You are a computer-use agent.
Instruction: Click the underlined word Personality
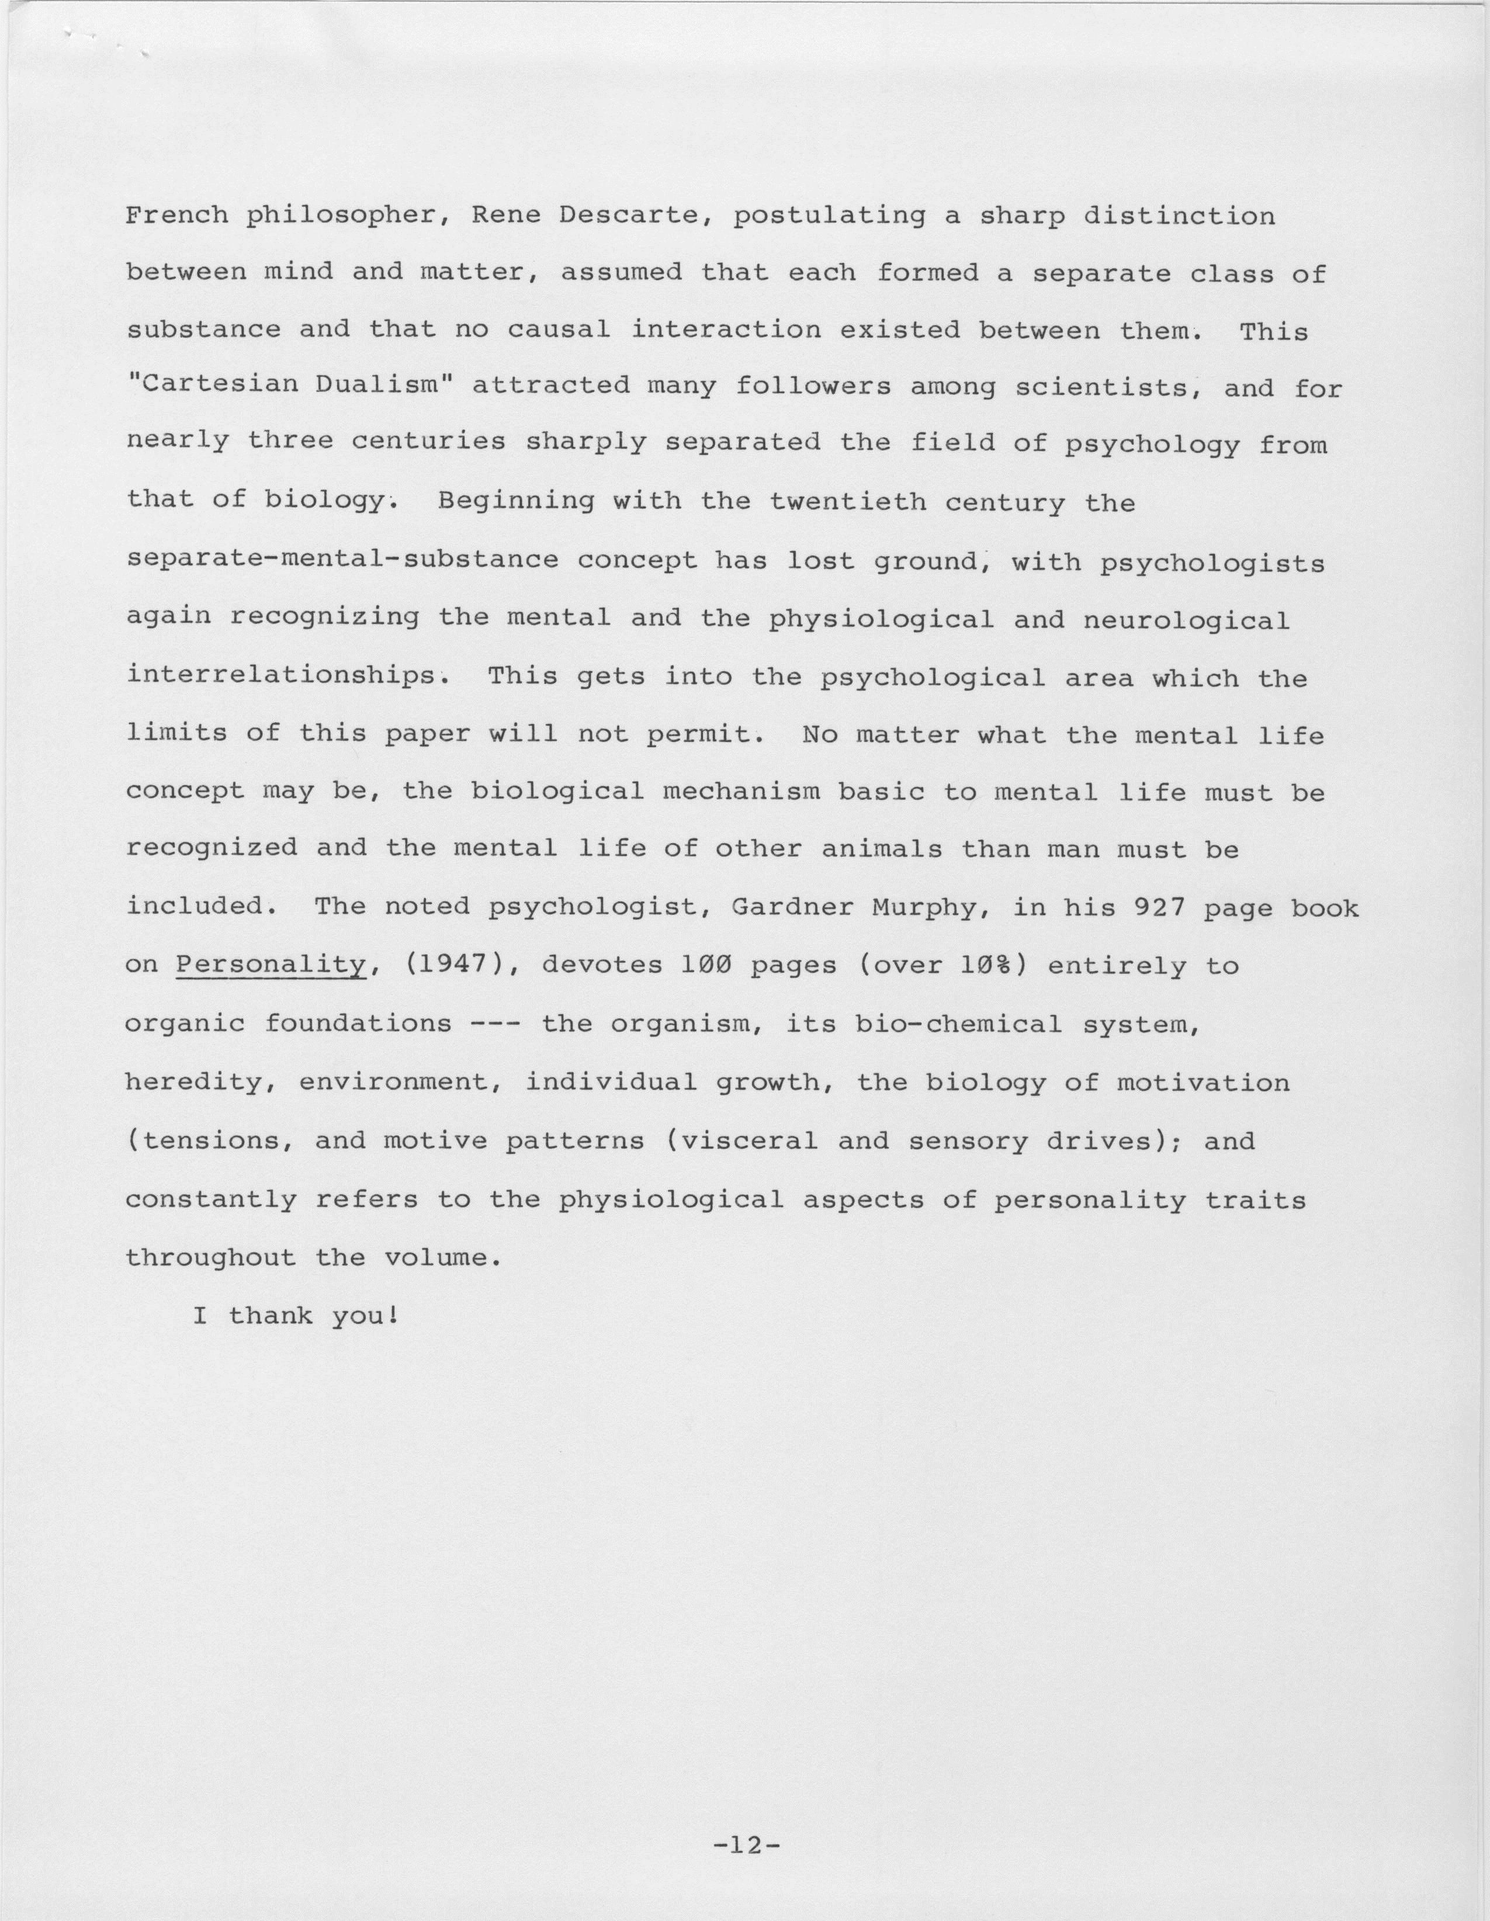tap(270, 965)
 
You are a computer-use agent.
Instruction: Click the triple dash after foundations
tap(497, 1024)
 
